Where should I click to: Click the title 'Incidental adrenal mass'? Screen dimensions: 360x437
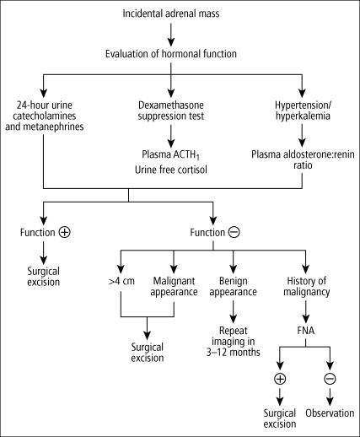[x=171, y=13]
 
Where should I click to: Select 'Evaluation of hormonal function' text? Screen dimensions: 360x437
[x=171, y=54]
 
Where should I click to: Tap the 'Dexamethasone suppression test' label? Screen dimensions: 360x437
[x=171, y=111]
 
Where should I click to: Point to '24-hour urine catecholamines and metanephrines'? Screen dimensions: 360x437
[x=45, y=116]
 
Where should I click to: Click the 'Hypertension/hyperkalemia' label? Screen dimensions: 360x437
[x=303, y=111]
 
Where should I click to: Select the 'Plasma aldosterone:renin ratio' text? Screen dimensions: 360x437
[x=303, y=159]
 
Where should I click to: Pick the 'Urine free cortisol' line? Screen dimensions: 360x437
[x=171, y=170]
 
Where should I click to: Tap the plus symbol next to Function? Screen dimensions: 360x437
[x=65, y=232]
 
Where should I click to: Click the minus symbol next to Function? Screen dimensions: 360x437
[x=234, y=232]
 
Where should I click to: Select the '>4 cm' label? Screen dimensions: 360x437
[x=121, y=281]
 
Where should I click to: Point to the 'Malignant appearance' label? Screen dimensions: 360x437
[x=174, y=286]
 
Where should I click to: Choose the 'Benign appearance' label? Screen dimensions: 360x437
[x=233, y=286]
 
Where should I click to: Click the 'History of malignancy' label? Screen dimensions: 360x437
[x=306, y=286]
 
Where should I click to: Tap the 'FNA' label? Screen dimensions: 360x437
[x=305, y=331]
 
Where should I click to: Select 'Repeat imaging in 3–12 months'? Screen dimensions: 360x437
[x=233, y=342]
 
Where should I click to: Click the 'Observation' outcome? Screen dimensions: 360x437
[x=330, y=413]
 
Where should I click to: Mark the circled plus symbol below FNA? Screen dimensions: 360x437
[x=280, y=379]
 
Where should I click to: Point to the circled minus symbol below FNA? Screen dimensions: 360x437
[x=330, y=379]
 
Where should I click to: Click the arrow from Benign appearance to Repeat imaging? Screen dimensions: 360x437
[x=233, y=311]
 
